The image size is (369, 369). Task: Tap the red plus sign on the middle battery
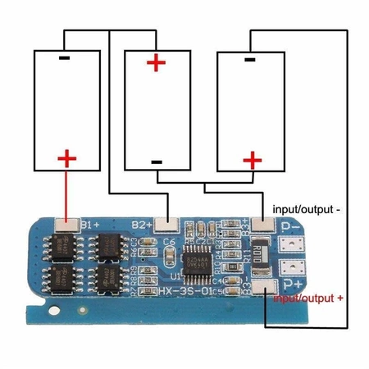[155, 62]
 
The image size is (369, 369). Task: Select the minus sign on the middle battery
[156, 162]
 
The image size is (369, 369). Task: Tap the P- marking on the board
[290, 229]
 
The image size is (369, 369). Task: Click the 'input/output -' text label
[304, 210]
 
